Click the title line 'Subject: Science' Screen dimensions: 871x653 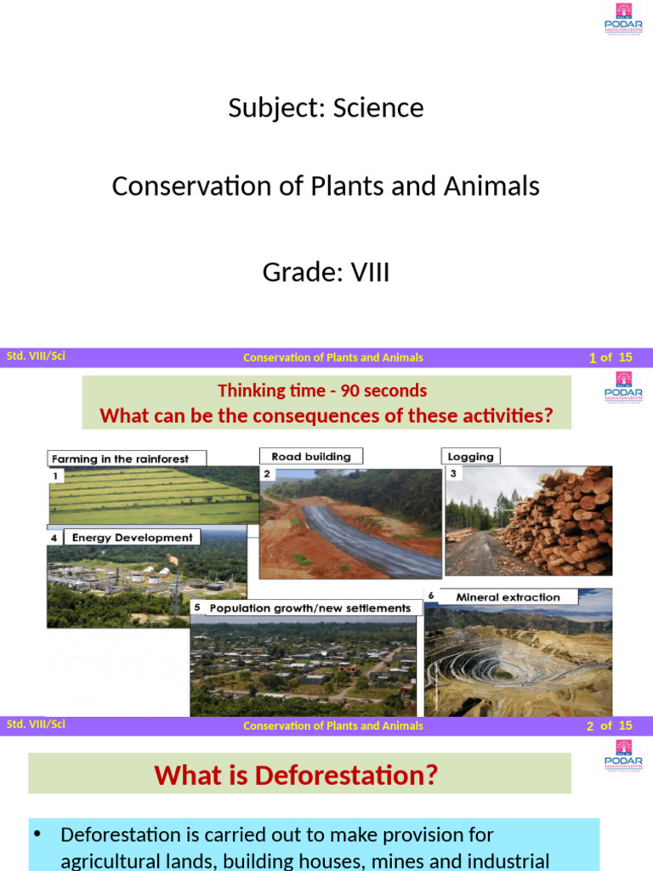[x=326, y=108]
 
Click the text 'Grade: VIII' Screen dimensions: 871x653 [x=326, y=273]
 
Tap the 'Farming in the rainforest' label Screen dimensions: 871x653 [x=120, y=458]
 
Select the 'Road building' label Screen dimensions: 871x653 [x=310, y=457]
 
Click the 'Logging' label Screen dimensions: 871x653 [x=471, y=457]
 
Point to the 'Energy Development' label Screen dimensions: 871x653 [x=132, y=538]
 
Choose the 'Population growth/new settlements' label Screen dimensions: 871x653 [x=309, y=608]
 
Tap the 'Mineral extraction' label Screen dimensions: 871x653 [x=508, y=597]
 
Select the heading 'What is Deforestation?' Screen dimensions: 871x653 [x=296, y=775]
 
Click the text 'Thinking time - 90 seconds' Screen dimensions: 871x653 [x=322, y=390]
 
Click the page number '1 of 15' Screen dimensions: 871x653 [x=610, y=357]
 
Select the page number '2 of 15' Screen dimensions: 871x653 [x=609, y=726]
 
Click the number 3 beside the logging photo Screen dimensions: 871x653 [x=453, y=473]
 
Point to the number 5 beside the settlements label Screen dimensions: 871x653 [x=196, y=607]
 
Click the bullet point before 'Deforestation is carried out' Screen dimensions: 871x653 [x=37, y=834]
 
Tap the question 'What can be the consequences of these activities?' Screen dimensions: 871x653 [x=326, y=416]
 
